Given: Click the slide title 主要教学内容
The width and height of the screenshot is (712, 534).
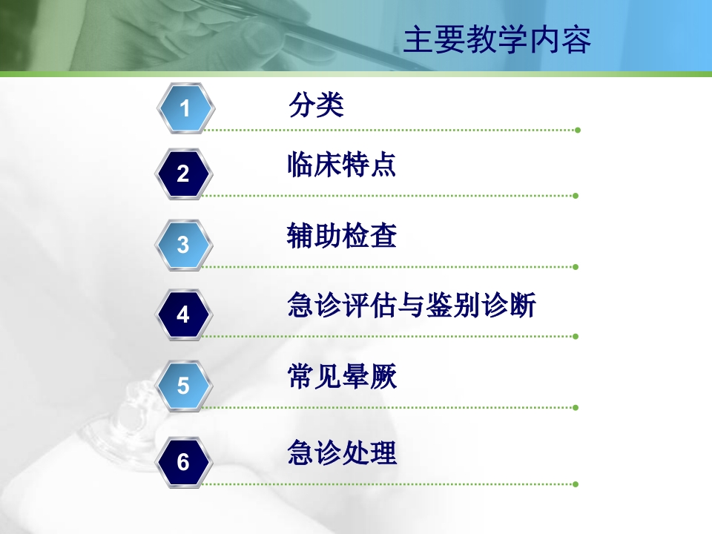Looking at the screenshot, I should coord(497,41).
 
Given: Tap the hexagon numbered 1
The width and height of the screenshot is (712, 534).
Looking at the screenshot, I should coord(185,108).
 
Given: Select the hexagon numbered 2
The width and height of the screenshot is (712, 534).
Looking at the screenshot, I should coord(184,174).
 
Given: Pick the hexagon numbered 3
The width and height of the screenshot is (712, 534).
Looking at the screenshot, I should coord(184,245).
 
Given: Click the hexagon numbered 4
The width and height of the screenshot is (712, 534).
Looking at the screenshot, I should coord(184,315).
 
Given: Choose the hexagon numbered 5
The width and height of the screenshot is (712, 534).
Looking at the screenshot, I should coord(184,386).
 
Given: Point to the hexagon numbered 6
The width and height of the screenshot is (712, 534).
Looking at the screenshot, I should coord(184,463).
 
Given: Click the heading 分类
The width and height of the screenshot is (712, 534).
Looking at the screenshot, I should coord(317,105).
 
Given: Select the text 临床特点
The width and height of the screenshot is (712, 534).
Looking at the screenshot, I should coord(342,165).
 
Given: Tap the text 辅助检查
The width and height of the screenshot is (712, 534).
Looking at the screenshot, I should coord(342,236).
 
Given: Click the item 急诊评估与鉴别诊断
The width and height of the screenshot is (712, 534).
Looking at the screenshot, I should coord(412,306).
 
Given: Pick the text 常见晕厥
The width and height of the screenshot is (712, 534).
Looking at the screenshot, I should coord(342,377).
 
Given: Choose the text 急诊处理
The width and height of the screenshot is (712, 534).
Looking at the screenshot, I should coord(342,452).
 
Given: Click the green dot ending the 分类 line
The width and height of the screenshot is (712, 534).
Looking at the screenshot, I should coord(577,130).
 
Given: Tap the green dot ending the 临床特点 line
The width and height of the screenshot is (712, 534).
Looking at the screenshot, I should coord(576,196).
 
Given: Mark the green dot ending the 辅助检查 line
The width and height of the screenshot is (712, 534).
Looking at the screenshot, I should coord(576,267).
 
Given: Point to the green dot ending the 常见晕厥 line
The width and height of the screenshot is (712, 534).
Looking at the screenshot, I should coord(576,407).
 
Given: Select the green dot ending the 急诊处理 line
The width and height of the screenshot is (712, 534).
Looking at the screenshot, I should coord(576,484).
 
